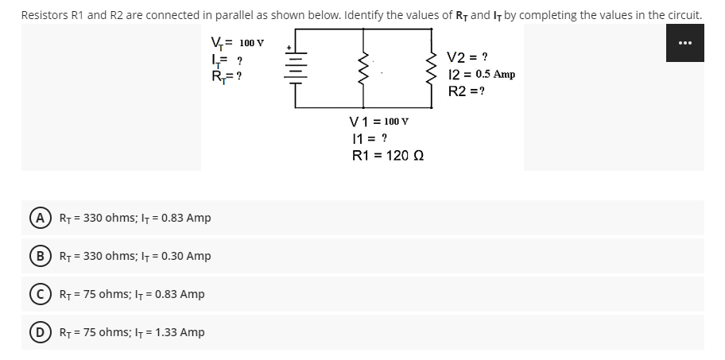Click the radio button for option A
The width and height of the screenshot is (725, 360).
38,218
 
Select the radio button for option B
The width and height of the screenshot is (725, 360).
38,256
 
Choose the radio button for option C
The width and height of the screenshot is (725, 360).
38,294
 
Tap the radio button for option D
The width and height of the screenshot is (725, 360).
38,332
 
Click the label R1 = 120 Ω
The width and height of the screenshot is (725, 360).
387,155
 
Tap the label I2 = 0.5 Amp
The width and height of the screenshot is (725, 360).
482,74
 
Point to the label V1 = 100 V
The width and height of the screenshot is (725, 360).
379,121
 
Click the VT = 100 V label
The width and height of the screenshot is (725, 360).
237,43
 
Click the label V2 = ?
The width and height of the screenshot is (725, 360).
468,57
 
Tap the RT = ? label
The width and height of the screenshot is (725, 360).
226,77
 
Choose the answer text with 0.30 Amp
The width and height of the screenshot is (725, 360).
136,256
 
